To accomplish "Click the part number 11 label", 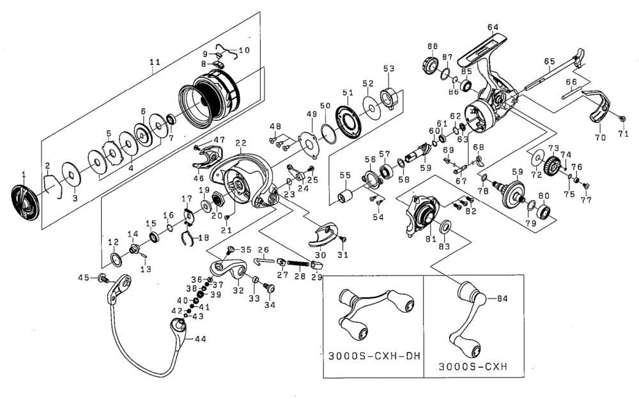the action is tap(155, 62).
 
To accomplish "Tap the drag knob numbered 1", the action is tap(24, 203).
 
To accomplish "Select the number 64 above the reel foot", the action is tap(493, 27).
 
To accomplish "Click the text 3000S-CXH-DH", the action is tap(374, 356).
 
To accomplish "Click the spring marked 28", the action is tap(300, 263).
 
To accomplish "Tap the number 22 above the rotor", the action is tap(241, 143).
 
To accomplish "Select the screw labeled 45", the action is tap(103, 279).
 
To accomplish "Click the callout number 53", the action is tap(389, 68).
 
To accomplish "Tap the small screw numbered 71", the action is tap(622, 118).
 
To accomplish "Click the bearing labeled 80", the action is tap(544, 212).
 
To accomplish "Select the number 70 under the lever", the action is tap(600, 137).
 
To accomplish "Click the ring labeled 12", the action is tap(116, 259).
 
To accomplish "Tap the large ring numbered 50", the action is tap(329, 134).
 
